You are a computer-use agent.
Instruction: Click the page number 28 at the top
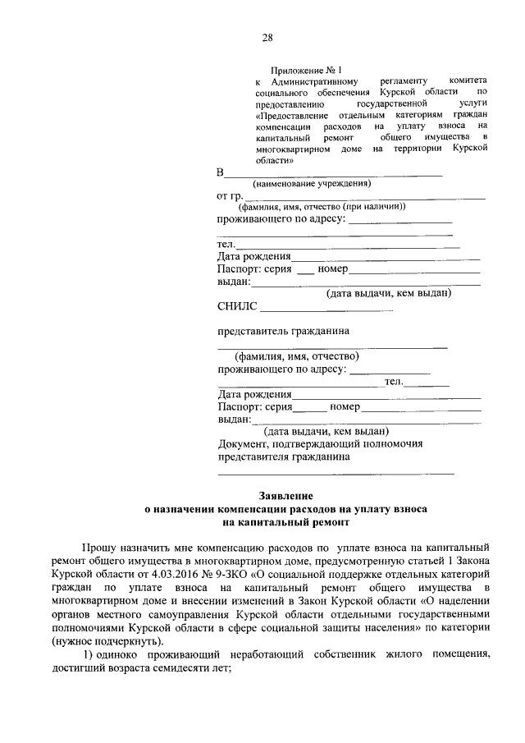[x=267, y=37]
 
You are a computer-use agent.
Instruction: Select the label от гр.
[x=229, y=196]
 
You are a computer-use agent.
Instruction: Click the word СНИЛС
[x=237, y=307]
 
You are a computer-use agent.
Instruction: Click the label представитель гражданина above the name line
[x=283, y=332]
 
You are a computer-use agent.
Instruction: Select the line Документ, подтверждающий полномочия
[x=320, y=443]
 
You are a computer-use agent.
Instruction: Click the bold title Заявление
[x=285, y=497]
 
